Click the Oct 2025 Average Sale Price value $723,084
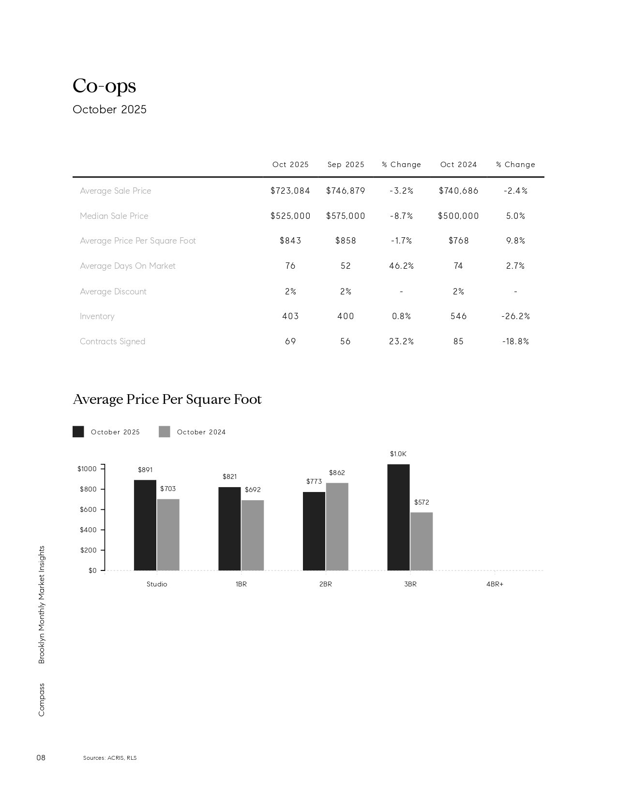click(290, 191)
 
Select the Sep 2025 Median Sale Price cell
click(346, 216)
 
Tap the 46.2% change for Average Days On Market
click(401, 266)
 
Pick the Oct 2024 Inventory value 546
click(458, 316)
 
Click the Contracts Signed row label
click(112, 341)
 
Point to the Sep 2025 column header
click(346, 165)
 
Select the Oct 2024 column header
click(458, 165)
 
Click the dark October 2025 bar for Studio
click(145, 525)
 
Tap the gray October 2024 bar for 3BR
click(421, 541)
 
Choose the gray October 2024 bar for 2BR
click(337, 526)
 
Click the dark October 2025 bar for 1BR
click(229, 529)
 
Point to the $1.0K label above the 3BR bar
click(398, 454)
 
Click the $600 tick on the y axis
click(89, 509)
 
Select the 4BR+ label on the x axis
click(495, 584)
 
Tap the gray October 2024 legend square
click(165, 432)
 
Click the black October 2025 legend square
click(78, 432)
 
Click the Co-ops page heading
click(105, 86)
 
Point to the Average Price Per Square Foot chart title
click(167, 399)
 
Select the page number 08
click(41, 757)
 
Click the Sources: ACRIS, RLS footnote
click(110, 758)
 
